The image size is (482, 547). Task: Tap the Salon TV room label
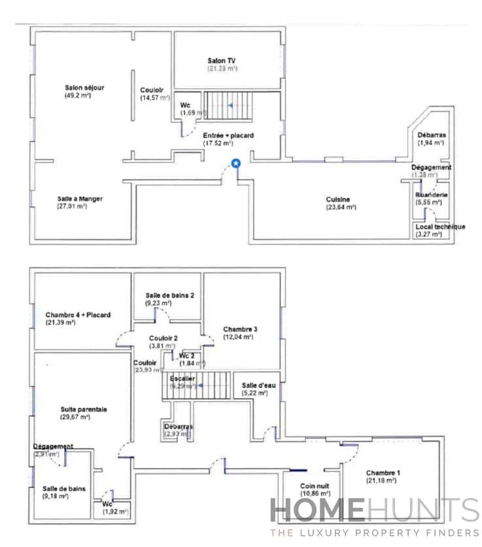tap(222, 61)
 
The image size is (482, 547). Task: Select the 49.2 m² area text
tap(77, 96)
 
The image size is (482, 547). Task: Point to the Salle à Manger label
tap(80, 199)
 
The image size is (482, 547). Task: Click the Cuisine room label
tap(338, 199)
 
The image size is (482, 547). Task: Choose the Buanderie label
tap(431, 195)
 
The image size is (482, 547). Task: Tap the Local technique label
tap(440, 227)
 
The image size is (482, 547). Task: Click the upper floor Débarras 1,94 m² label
tap(431, 135)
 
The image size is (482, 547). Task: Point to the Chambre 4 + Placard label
tap(78, 315)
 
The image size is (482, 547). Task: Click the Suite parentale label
tap(83, 409)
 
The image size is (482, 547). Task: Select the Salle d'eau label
tap(258, 386)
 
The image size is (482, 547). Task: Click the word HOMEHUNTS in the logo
tap(375, 510)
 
